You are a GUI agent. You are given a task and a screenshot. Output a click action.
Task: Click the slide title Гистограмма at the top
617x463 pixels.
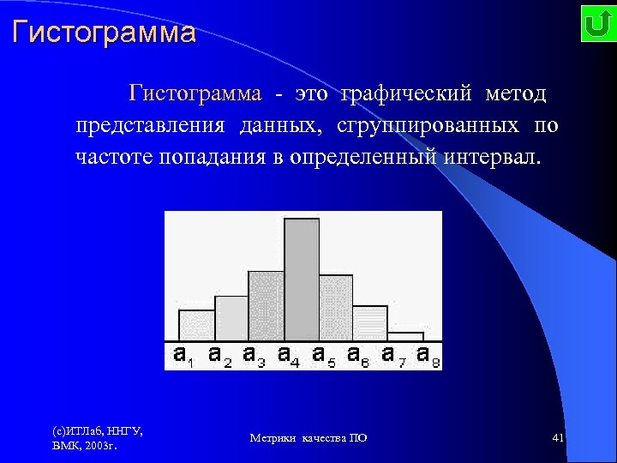tap(104, 33)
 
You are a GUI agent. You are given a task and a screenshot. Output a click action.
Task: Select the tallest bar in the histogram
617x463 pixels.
tap(302, 280)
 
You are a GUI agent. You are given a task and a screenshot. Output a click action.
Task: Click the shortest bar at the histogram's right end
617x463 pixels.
tap(405, 336)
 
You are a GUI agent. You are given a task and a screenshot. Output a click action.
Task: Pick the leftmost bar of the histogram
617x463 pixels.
tap(196, 325)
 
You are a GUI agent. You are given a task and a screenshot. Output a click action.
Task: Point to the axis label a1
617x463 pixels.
tap(183, 355)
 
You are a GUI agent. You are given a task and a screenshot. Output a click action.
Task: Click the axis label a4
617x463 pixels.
tap(289, 355)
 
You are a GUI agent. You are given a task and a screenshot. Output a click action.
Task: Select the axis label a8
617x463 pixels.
tap(428, 355)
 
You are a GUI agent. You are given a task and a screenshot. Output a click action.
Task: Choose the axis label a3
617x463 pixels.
tap(254, 355)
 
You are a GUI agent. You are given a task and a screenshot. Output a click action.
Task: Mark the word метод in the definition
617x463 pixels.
tap(515, 93)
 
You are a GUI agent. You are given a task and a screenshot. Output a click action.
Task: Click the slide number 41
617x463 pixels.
tap(558, 438)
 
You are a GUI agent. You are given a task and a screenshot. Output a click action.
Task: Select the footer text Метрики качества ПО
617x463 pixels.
tap(308, 438)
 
